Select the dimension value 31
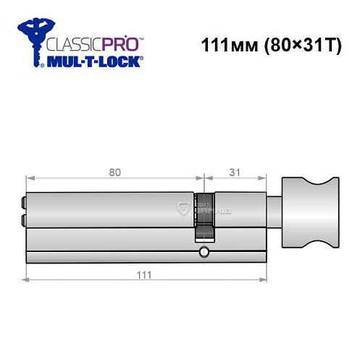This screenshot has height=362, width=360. [233, 172]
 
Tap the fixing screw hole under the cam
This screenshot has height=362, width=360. [204, 253]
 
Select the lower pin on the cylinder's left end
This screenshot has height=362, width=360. [25, 218]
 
